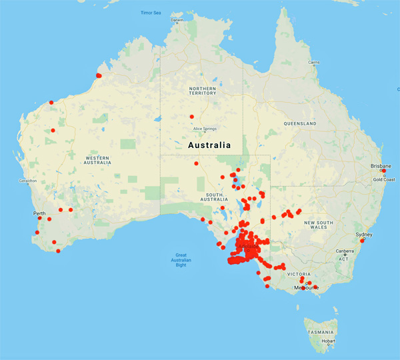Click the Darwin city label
tap(177, 20)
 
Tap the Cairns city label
tap(313, 63)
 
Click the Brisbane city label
tap(382, 165)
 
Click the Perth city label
tap(39, 213)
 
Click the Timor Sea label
tap(149, 13)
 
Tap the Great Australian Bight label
tap(184, 259)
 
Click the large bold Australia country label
tap(209, 145)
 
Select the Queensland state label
tap(299, 124)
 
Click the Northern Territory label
tap(203, 90)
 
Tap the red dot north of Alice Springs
tap(191, 117)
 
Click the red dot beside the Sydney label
tap(361, 241)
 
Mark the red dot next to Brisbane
tap(383, 171)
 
